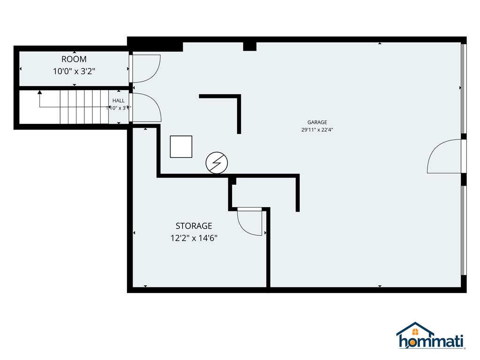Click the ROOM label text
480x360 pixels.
coord(74,60)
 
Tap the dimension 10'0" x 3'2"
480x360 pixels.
coord(74,72)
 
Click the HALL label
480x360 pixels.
coord(118,101)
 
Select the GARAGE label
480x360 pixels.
coord(317,122)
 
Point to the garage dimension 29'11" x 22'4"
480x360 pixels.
coord(317,130)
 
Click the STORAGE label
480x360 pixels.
coord(194,226)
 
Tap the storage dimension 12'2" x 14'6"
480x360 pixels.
coord(194,238)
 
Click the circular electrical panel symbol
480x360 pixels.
coord(217,163)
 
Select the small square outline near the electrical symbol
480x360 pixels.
coord(181,147)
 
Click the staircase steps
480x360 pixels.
coord(84,107)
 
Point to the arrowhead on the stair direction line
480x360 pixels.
coord(40,92)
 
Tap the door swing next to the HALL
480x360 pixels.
coord(147,108)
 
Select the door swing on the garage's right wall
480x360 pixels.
coord(444,157)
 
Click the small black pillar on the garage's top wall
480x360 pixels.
coord(250,46)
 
